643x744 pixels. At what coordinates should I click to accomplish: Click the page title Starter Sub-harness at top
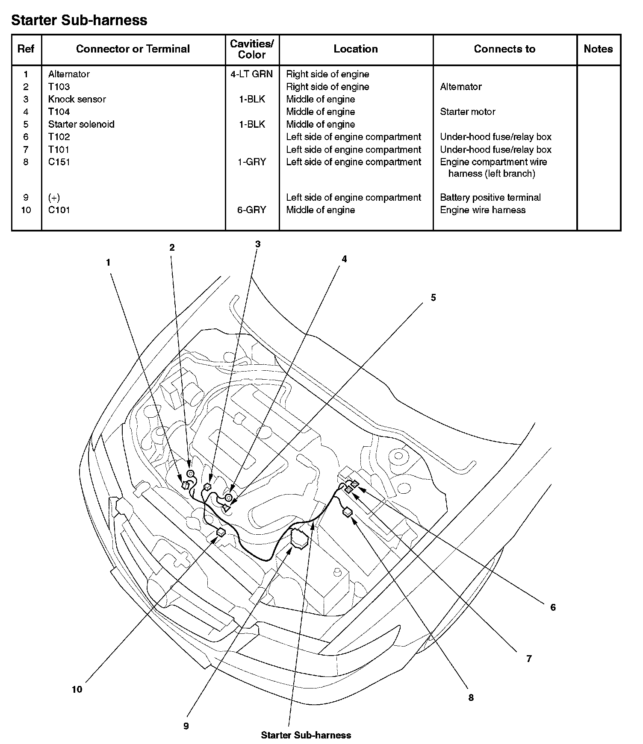click(79, 20)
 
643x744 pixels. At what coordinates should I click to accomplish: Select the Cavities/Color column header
click(252, 49)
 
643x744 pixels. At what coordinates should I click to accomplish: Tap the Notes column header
click(598, 49)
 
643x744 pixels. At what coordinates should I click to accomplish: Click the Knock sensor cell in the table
click(77, 99)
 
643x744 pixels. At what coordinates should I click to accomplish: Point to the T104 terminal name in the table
click(59, 111)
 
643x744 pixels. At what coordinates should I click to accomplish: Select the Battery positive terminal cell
click(490, 197)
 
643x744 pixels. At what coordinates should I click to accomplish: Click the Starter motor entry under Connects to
click(467, 111)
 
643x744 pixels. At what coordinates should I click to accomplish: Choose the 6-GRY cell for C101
click(252, 210)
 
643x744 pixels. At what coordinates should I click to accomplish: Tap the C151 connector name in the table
click(59, 162)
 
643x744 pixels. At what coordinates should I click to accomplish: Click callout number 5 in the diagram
click(433, 298)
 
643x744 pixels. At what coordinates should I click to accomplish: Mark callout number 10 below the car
click(77, 689)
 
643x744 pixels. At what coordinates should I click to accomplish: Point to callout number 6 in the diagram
click(553, 607)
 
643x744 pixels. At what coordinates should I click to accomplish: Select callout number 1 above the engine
click(109, 263)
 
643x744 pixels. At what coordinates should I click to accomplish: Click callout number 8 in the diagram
click(471, 697)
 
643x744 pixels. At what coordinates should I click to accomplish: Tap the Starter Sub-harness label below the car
click(306, 735)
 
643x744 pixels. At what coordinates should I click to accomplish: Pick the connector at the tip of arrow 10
click(221, 532)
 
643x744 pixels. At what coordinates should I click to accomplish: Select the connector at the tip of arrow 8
click(348, 512)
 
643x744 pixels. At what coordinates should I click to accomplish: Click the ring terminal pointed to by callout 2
click(190, 473)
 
